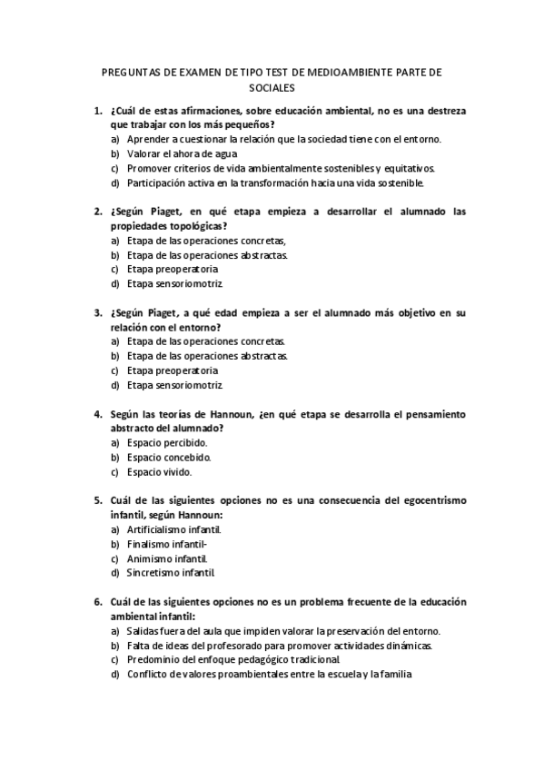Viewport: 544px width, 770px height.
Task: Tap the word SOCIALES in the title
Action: (x=272, y=88)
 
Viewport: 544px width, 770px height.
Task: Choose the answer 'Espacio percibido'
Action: (x=167, y=442)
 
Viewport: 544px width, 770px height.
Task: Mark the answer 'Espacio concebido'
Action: (x=169, y=457)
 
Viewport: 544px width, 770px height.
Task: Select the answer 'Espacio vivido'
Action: (x=159, y=471)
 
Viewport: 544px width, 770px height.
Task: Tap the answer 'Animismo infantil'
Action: (x=167, y=558)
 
